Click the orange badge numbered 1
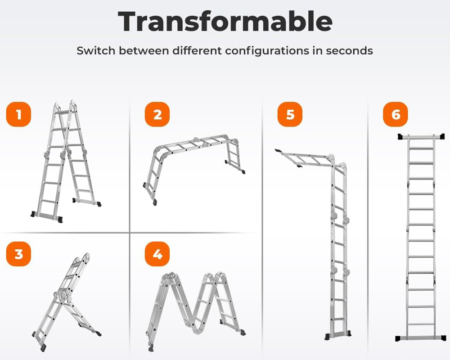19,114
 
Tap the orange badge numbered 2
157,114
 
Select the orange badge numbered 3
19,254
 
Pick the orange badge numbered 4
157,254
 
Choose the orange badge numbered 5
290,114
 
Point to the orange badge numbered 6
395,114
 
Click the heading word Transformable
225,21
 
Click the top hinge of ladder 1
64,106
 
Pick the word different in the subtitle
198,50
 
